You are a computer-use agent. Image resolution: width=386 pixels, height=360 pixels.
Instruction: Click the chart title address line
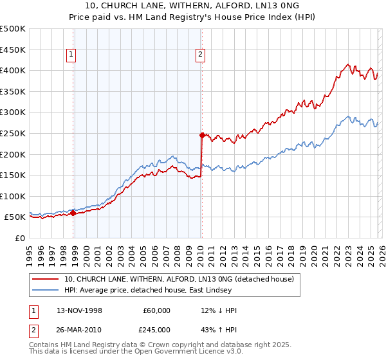point(192,6)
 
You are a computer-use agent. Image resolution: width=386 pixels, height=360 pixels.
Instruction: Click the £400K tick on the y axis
point(13,70)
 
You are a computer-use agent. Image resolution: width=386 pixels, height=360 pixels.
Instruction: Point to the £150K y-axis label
point(13,175)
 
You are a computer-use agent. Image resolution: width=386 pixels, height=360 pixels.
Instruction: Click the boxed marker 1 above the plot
point(70,55)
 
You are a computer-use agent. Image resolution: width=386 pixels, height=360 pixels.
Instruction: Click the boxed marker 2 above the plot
point(201,55)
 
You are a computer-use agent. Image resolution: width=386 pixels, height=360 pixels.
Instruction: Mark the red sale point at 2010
point(202,135)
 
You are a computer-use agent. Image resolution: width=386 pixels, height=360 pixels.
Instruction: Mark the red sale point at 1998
point(73,213)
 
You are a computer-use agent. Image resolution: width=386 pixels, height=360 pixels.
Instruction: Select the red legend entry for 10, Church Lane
point(179,279)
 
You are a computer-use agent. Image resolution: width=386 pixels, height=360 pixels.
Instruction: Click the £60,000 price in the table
point(156,310)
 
